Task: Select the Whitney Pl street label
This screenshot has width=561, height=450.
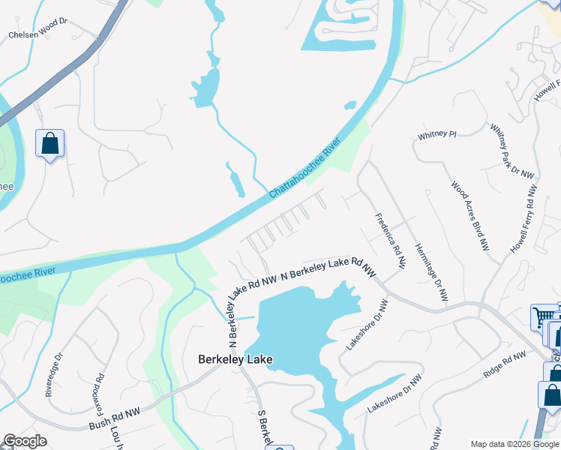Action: (437, 135)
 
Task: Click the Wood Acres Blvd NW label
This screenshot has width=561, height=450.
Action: (470, 215)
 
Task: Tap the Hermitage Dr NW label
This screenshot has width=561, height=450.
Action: (431, 264)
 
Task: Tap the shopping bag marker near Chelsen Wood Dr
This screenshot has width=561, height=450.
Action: (49, 142)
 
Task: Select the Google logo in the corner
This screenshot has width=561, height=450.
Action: (25, 441)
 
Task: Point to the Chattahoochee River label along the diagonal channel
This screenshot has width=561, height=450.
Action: (305, 166)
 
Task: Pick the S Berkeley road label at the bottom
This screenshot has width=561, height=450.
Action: (263, 427)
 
